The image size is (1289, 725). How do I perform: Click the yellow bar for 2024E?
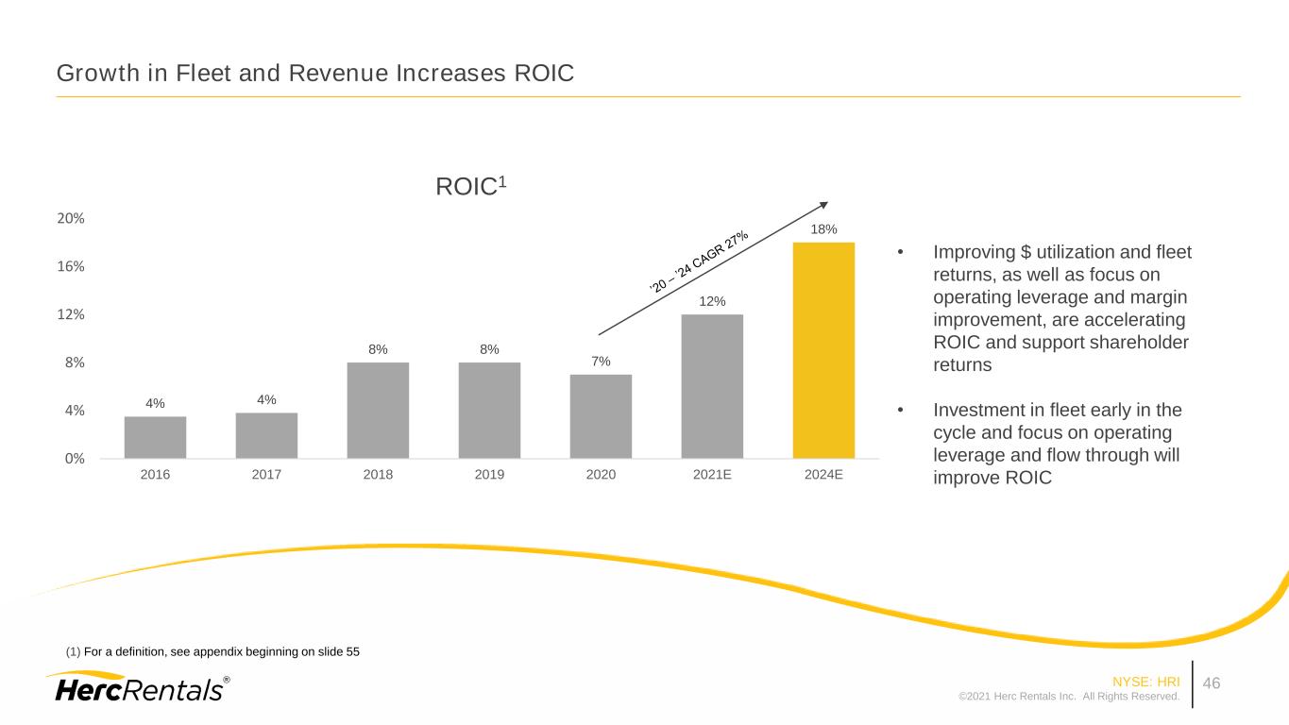point(823,350)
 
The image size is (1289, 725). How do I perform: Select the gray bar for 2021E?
point(712,386)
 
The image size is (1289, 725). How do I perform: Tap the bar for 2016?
point(155,437)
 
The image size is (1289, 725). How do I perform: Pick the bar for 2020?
point(601,416)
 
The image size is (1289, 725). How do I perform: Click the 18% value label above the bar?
point(823,229)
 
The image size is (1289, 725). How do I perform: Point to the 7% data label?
point(601,362)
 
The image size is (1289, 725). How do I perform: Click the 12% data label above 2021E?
point(712,301)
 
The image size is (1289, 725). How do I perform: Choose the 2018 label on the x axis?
point(378,475)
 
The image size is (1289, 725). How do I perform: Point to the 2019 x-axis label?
point(489,475)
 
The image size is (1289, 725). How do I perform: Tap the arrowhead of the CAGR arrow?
point(823,204)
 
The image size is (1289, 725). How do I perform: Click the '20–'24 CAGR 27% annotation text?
point(700,260)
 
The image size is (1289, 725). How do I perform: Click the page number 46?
point(1212,683)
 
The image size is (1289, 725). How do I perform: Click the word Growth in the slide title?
point(93,73)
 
